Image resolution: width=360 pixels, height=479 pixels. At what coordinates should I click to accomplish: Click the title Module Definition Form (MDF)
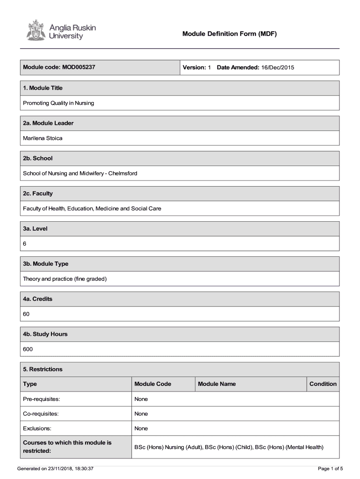pyautogui.click(x=230, y=34)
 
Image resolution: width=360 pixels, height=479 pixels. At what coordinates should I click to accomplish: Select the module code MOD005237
pyautogui.click(x=78, y=67)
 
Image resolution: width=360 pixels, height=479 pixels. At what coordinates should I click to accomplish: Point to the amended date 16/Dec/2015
pyautogui.click(x=278, y=68)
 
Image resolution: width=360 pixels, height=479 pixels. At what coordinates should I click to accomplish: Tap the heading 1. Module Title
pyautogui.click(x=43, y=88)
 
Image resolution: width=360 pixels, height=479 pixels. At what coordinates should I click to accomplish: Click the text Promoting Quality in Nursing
pyautogui.click(x=58, y=103)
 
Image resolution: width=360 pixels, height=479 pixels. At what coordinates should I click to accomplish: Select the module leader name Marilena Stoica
pyautogui.click(x=43, y=138)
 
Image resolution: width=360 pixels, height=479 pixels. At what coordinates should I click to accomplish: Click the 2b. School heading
pyautogui.click(x=38, y=158)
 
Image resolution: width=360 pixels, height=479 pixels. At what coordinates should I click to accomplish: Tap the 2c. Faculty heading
pyautogui.click(x=38, y=193)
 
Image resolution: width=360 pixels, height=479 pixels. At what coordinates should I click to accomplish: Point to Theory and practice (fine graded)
pyautogui.click(x=65, y=279)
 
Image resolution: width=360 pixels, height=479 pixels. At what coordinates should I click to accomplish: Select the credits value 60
pyautogui.click(x=26, y=314)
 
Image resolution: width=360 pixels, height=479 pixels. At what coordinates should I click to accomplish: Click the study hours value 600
pyautogui.click(x=28, y=349)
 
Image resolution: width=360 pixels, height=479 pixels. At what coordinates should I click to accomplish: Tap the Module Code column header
pyautogui.click(x=152, y=384)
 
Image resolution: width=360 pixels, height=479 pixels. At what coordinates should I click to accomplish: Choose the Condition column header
pyautogui.click(x=323, y=384)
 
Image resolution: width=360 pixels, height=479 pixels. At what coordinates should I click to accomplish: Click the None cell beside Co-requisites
pyautogui.click(x=141, y=414)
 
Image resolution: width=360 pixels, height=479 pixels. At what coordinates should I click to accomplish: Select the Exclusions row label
pyautogui.click(x=37, y=428)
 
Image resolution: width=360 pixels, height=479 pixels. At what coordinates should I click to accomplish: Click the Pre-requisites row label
pyautogui.click(x=41, y=399)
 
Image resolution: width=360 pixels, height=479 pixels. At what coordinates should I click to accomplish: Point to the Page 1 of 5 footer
pyautogui.click(x=330, y=468)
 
